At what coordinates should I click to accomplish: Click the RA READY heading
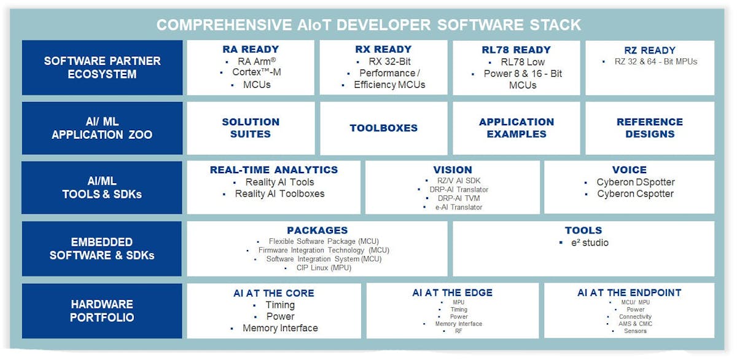[x=251, y=49]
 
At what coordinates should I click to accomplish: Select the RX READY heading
[x=383, y=49]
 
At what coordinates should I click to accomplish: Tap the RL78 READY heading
[x=516, y=50]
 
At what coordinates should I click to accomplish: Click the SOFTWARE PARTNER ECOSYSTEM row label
[x=102, y=68]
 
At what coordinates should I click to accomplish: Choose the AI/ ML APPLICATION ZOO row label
[x=102, y=128]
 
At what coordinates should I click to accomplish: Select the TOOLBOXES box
[x=383, y=128]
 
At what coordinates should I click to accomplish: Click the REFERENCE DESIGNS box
[x=650, y=128]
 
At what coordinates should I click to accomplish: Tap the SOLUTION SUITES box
[x=251, y=128]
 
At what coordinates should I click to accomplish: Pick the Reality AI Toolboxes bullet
[x=279, y=194]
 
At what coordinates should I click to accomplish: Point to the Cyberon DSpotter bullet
[x=635, y=182]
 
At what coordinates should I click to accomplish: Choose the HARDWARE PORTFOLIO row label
[x=102, y=311]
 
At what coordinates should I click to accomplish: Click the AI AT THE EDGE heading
[x=452, y=293]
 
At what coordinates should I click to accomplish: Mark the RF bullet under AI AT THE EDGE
[x=459, y=331]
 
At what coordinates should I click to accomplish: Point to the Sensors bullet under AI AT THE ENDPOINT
[x=635, y=331]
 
